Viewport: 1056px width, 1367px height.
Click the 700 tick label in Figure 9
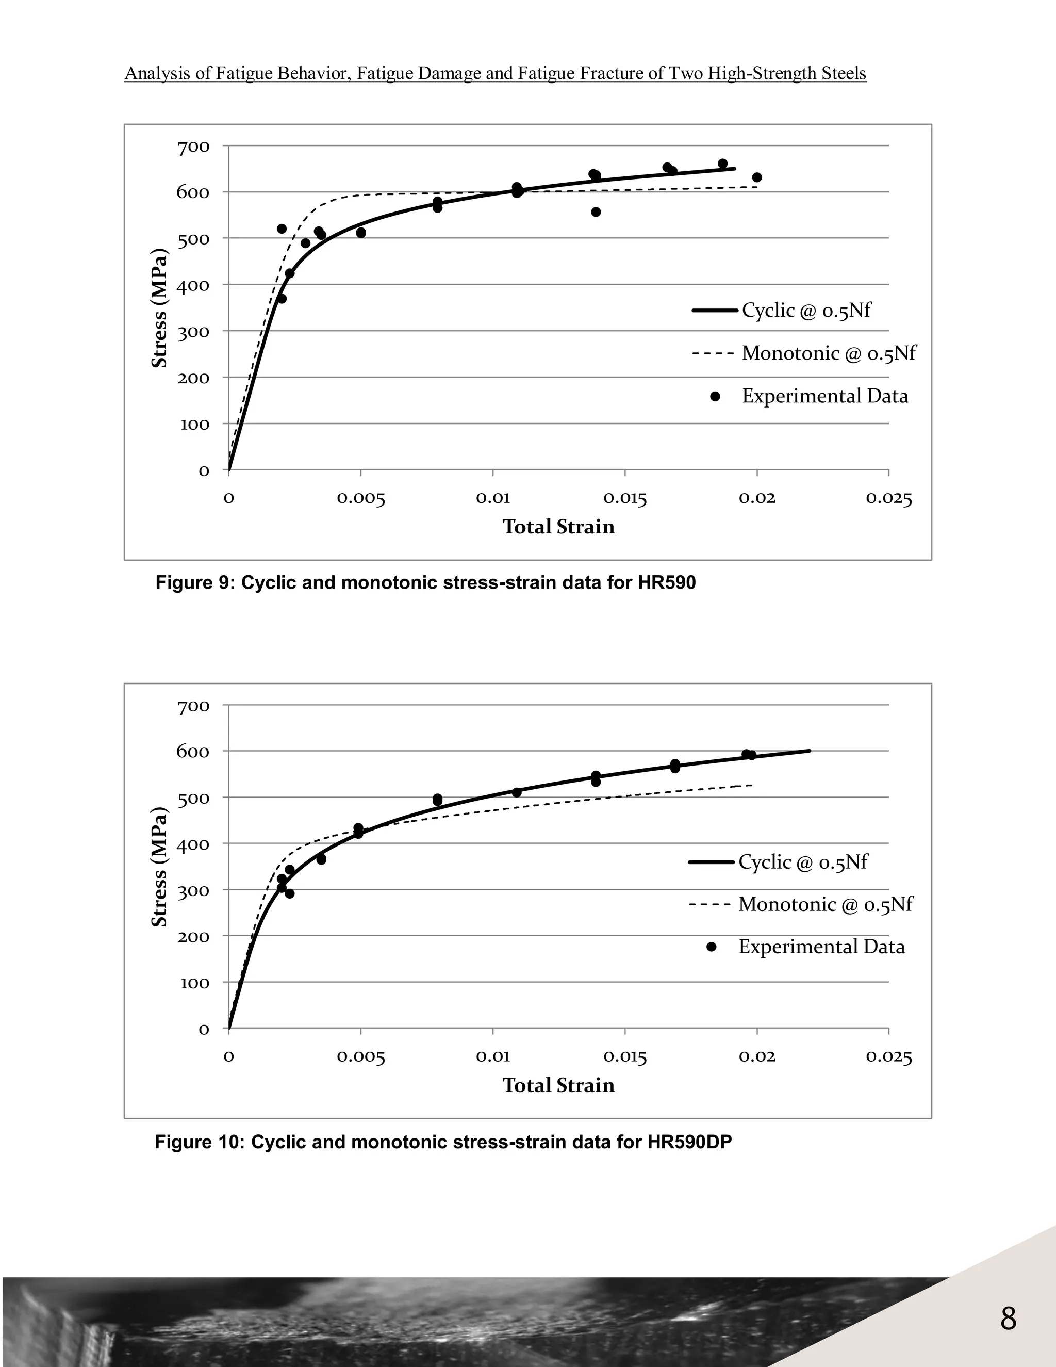[x=193, y=147]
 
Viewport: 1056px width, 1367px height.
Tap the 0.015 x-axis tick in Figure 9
[x=625, y=499]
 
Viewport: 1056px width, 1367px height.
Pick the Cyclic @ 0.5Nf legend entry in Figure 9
[x=806, y=311]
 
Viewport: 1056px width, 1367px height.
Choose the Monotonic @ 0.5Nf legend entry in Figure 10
[x=824, y=904]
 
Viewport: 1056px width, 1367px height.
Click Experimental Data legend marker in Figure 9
[x=715, y=396]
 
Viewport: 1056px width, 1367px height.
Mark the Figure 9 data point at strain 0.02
[x=757, y=177]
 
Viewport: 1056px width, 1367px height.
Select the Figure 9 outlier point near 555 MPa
[x=596, y=212]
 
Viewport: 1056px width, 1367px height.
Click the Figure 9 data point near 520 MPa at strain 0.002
[x=282, y=229]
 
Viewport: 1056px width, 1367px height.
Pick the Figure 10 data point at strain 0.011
[x=517, y=792]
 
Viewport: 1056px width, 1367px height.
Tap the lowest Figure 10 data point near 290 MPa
[x=290, y=893]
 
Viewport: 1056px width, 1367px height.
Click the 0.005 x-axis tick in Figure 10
[x=361, y=1057]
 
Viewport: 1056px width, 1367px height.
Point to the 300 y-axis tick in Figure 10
[x=193, y=891]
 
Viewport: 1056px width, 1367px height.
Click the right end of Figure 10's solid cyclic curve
[x=810, y=751]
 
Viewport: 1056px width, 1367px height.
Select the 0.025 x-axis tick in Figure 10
[x=889, y=1057]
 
